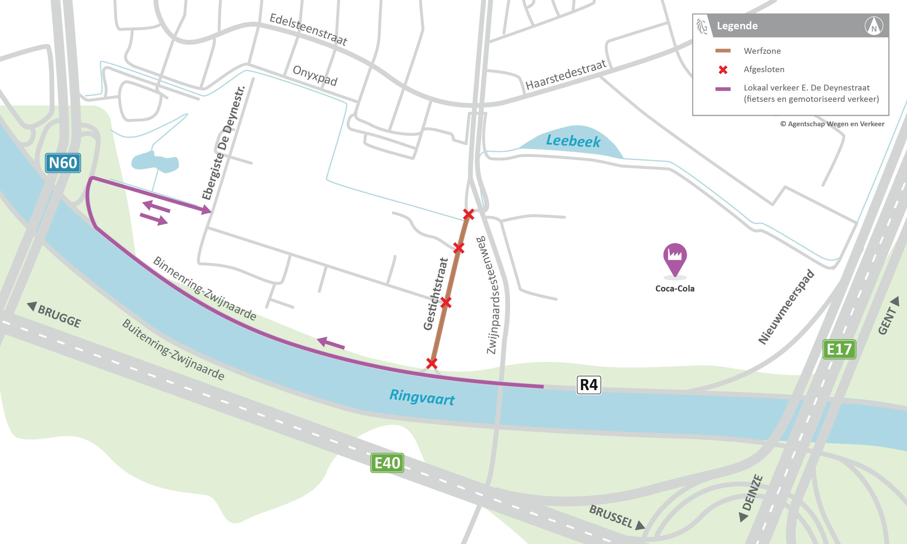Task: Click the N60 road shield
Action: pos(63,163)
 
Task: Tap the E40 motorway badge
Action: pos(387,463)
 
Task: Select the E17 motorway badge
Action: pos(839,349)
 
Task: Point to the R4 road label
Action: pos(589,385)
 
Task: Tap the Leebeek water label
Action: pos(573,141)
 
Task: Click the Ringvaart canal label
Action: pos(422,397)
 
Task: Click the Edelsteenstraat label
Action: pos(308,29)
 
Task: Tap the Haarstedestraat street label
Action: pos(566,75)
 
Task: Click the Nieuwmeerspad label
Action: pos(787,307)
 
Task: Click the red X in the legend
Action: pos(723,70)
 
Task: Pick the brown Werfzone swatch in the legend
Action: pos(723,51)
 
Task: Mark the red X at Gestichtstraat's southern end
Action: pos(432,363)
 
